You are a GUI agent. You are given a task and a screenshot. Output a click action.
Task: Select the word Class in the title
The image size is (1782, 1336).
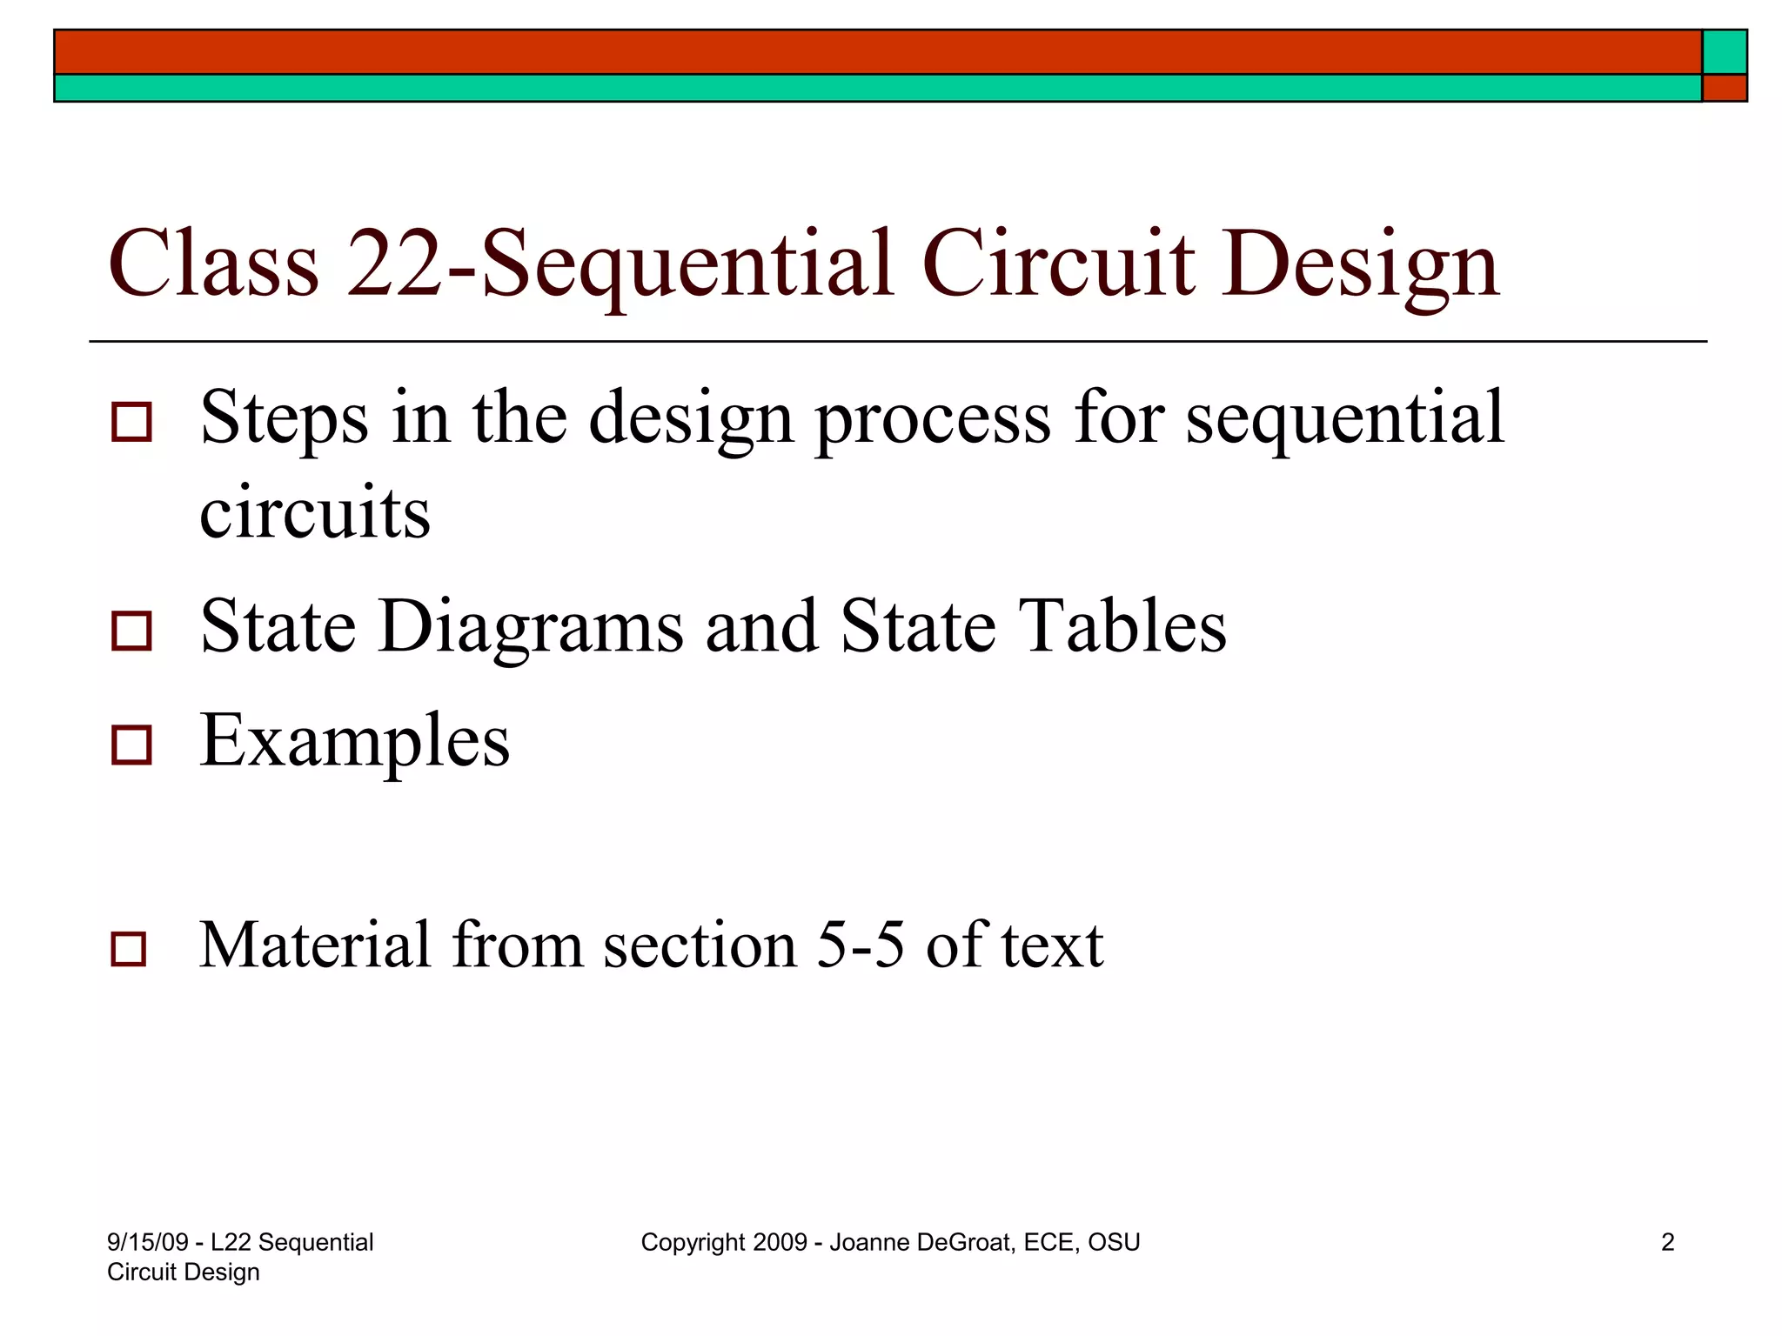click(x=213, y=264)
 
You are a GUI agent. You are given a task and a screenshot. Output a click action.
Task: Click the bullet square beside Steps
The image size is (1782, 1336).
click(x=131, y=422)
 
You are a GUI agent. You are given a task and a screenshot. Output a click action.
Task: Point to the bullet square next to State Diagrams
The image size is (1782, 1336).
click(x=131, y=631)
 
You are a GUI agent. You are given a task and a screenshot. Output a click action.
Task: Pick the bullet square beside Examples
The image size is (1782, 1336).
click(x=131, y=745)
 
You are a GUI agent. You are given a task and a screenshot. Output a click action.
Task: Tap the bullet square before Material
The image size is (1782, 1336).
click(x=129, y=949)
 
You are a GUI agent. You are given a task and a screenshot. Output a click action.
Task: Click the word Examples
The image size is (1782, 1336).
click(x=355, y=741)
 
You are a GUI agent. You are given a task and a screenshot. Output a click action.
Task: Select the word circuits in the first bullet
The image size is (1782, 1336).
click(x=315, y=512)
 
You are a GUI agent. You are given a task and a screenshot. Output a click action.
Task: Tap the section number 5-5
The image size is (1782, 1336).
click(x=861, y=945)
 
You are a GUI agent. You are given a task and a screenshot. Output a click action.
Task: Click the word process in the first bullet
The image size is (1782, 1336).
click(x=933, y=420)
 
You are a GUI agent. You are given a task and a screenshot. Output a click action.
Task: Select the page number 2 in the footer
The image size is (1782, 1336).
click(x=1667, y=1242)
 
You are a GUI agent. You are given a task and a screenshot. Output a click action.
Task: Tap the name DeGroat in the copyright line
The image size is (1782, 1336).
click(x=965, y=1242)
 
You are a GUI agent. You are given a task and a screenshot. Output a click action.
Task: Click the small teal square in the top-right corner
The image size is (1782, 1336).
click(x=1724, y=52)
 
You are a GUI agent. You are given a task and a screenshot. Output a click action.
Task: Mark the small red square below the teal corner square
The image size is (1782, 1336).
click(x=1724, y=88)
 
